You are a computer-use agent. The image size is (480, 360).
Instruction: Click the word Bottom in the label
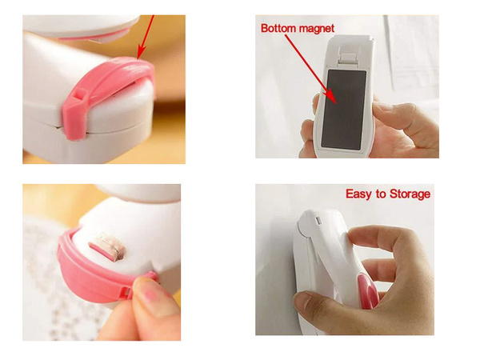[278, 28]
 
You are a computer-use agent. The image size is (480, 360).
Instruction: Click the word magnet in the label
[316, 29]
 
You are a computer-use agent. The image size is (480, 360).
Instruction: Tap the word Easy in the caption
[358, 194]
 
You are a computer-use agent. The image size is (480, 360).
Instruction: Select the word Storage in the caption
[410, 194]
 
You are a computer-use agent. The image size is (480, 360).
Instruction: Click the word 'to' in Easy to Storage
[379, 194]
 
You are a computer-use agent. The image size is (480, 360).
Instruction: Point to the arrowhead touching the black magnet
[332, 98]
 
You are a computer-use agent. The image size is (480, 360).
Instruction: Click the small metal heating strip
[107, 246]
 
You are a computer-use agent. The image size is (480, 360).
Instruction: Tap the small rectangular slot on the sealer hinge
[318, 221]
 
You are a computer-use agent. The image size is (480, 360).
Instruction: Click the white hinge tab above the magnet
[348, 58]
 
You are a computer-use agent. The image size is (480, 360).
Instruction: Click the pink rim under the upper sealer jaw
[92, 38]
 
